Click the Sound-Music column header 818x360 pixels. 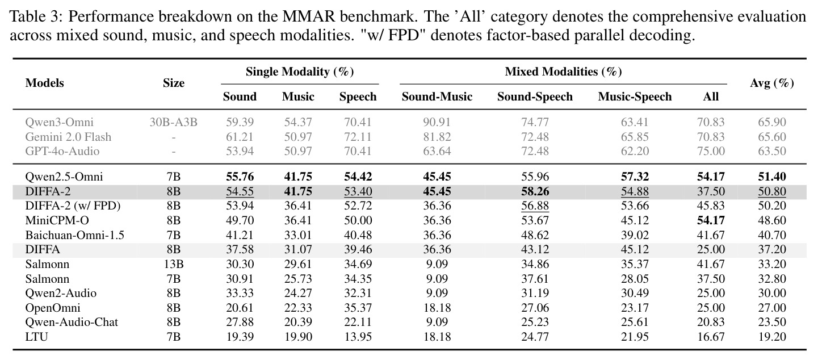(437, 97)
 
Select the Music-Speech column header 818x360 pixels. (635, 97)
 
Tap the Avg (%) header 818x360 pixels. (771, 83)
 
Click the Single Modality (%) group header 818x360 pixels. (300, 72)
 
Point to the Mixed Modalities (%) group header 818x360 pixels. (563, 72)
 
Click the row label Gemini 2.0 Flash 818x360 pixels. (68, 137)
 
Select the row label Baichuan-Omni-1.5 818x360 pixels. (74, 235)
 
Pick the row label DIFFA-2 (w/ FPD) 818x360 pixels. (73, 206)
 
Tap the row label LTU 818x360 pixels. (36, 337)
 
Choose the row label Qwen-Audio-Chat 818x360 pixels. (72, 322)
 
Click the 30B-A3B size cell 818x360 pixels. (174, 122)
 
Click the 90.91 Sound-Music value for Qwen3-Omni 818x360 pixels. (437, 122)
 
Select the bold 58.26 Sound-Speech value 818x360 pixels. (535, 192)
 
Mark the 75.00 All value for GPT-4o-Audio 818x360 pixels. (711, 151)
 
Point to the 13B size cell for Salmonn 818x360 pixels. (174, 264)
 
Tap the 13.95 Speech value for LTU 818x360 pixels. (358, 337)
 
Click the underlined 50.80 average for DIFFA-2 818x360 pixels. (771, 192)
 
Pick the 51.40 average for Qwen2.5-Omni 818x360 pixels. (771, 177)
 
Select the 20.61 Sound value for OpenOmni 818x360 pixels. (240, 308)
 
